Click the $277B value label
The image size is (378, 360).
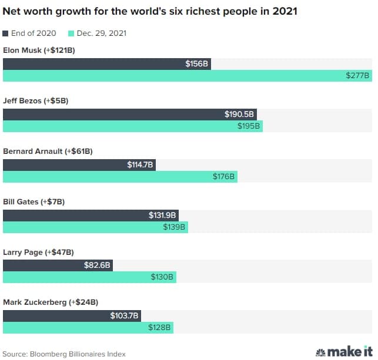[358, 75]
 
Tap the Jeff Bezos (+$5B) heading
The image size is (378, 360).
[36, 101]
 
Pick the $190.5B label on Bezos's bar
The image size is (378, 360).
[239, 115]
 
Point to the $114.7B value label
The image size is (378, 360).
[140, 165]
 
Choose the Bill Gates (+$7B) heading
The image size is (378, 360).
[34, 202]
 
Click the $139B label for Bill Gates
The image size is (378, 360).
[174, 227]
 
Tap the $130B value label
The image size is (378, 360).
[162, 277]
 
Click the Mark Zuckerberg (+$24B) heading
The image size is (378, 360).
[51, 302]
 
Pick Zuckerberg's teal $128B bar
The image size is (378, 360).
[88, 328]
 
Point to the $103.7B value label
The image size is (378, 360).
[125, 316]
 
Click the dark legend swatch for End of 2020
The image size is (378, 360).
[6, 33]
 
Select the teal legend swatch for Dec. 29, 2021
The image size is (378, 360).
[72, 33]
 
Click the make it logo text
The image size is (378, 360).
[350, 352]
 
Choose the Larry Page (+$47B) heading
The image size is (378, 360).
[38, 253]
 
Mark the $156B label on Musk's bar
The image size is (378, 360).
[197, 64]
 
